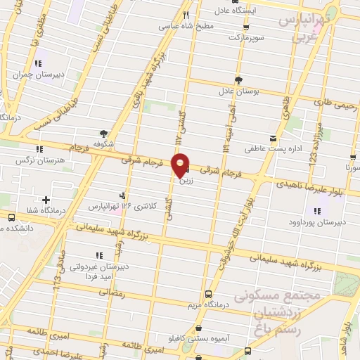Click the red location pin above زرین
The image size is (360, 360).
(181, 165)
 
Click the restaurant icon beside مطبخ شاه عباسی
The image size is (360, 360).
(186, 15)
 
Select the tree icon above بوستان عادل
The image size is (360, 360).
(238, 79)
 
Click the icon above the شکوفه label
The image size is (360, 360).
(105, 134)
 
